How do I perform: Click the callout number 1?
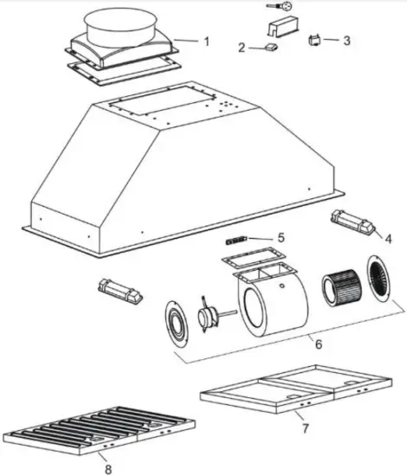(205, 41)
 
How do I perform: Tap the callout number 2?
(242, 47)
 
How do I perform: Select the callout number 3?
(346, 40)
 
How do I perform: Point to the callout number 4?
(387, 237)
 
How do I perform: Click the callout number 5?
(280, 237)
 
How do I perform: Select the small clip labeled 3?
(316, 39)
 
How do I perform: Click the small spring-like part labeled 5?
(237, 238)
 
